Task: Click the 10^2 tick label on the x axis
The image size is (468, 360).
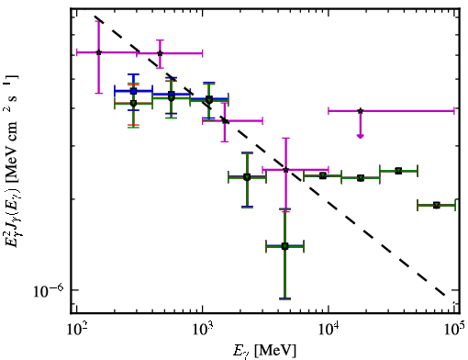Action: click(77, 329)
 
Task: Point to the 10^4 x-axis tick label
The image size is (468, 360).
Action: click(329, 329)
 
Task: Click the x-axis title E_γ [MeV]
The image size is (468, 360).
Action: click(265, 351)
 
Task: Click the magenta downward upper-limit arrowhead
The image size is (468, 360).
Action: click(361, 136)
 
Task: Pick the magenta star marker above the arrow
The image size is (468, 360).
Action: click(361, 110)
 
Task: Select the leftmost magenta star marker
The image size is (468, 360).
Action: click(98, 52)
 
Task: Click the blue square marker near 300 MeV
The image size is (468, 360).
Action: click(133, 91)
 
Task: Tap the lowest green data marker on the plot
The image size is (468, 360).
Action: click(284, 246)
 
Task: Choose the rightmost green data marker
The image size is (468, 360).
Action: click(437, 205)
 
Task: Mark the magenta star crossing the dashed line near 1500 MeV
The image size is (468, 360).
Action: click(225, 120)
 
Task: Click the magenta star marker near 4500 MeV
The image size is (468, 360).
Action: click(285, 169)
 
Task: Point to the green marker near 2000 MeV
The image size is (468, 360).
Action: click(247, 177)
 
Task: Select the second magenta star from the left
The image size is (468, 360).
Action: click(160, 53)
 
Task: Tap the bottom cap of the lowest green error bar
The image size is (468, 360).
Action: click(284, 298)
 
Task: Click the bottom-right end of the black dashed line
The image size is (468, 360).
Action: click(444, 296)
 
